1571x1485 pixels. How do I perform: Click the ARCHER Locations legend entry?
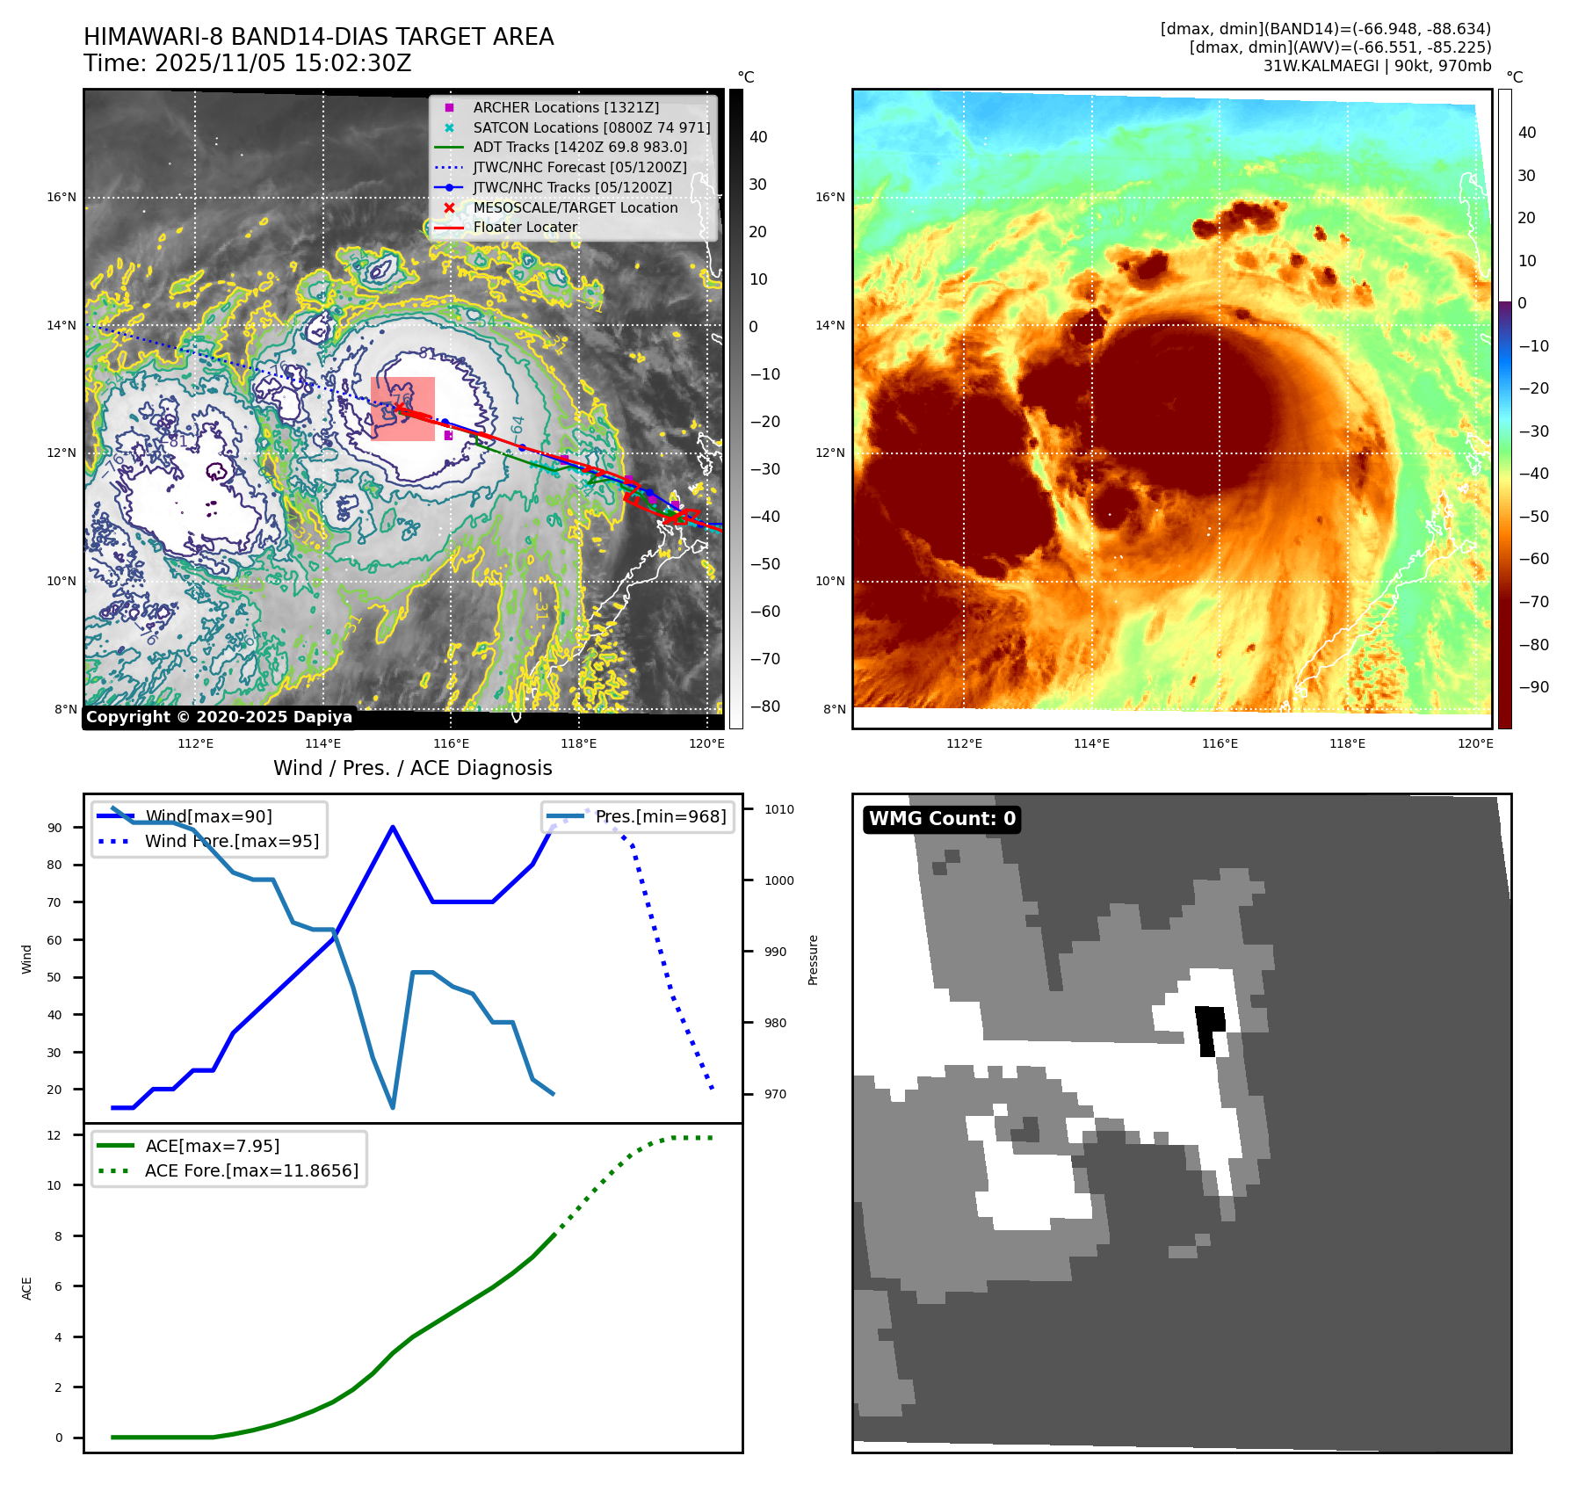(565, 107)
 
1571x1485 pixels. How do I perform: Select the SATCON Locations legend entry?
(590, 127)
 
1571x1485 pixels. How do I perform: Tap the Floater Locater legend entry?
(525, 227)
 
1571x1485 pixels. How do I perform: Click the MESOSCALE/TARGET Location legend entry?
(575, 207)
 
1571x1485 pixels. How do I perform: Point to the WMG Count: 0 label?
(942, 819)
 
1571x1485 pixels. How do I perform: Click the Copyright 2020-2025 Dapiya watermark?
(219, 717)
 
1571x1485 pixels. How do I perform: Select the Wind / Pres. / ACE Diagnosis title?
(412, 768)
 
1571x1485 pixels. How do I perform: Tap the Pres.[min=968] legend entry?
(660, 816)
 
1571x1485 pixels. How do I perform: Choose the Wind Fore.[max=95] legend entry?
(231, 841)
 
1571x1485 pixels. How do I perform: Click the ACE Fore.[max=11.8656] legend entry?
(251, 1170)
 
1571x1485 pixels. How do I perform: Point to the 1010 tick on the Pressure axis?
(778, 809)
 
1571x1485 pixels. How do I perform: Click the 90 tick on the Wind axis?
(55, 828)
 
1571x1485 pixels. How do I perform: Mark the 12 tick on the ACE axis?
(54, 1135)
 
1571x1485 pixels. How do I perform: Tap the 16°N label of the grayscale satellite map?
(62, 198)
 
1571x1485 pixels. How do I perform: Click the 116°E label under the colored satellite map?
(1220, 743)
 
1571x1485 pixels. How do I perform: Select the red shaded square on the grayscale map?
(403, 409)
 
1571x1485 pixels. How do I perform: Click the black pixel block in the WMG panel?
(1210, 1027)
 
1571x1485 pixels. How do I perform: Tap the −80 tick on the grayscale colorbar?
(764, 706)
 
